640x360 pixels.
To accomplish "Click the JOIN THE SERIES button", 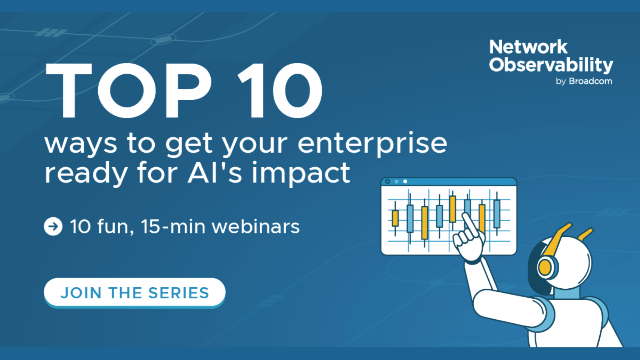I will (134, 293).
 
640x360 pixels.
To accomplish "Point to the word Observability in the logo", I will (548, 65).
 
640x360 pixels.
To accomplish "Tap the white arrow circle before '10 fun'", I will (52, 227).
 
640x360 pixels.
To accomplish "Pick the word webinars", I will (244, 227).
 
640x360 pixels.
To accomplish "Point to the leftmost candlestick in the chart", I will (396, 216).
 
